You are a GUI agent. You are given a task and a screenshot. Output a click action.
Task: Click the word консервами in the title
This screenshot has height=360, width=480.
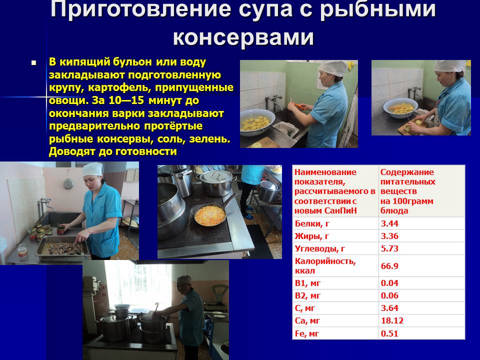click(x=243, y=37)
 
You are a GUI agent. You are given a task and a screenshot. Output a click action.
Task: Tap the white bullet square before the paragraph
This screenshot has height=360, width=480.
click(x=33, y=63)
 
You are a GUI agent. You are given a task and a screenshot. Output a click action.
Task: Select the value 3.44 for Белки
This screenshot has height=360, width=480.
click(x=389, y=223)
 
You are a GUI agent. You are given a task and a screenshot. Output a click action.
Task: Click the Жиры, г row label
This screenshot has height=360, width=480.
click(x=312, y=236)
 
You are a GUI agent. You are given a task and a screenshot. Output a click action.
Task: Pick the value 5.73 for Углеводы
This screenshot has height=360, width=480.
click(x=389, y=248)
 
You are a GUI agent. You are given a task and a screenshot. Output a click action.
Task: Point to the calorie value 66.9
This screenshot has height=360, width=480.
click(x=389, y=265)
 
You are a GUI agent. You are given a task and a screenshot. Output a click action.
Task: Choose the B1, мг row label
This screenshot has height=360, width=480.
click(x=307, y=283)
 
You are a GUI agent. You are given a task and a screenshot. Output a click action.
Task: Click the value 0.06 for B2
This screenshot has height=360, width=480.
click(x=389, y=295)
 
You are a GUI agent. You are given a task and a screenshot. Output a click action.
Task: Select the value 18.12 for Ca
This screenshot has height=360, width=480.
click(x=392, y=321)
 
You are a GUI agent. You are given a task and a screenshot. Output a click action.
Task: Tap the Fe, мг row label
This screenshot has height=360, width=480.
click(x=306, y=333)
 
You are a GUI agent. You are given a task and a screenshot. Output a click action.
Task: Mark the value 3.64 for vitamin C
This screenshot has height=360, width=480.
click(x=389, y=308)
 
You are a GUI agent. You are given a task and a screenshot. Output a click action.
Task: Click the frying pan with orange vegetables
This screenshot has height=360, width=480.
click(x=210, y=215)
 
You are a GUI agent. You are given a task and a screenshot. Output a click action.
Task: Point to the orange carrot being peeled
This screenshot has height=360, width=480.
click(x=300, y=106)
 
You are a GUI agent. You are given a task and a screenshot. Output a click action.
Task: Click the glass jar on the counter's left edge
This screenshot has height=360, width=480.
click(x=22, y=251)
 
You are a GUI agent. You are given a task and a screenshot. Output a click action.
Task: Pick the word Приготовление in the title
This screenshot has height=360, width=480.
click(x=140, y=8)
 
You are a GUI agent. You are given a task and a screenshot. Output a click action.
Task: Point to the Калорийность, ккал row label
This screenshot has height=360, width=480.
click(x=325, y=265)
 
